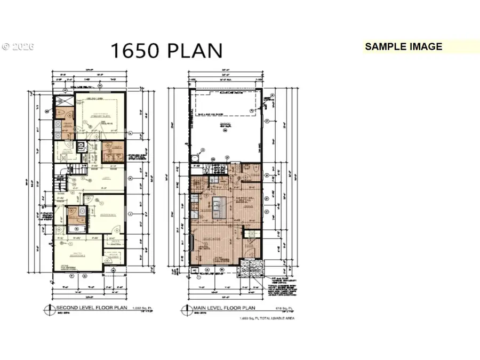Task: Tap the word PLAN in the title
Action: click(195, 50)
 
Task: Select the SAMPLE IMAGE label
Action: click(404, 46)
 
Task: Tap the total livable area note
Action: click(267, 318)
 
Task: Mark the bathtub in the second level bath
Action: click(69, 230)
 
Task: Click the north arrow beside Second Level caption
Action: click(52, 308)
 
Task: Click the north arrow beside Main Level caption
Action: click(184, 308)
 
